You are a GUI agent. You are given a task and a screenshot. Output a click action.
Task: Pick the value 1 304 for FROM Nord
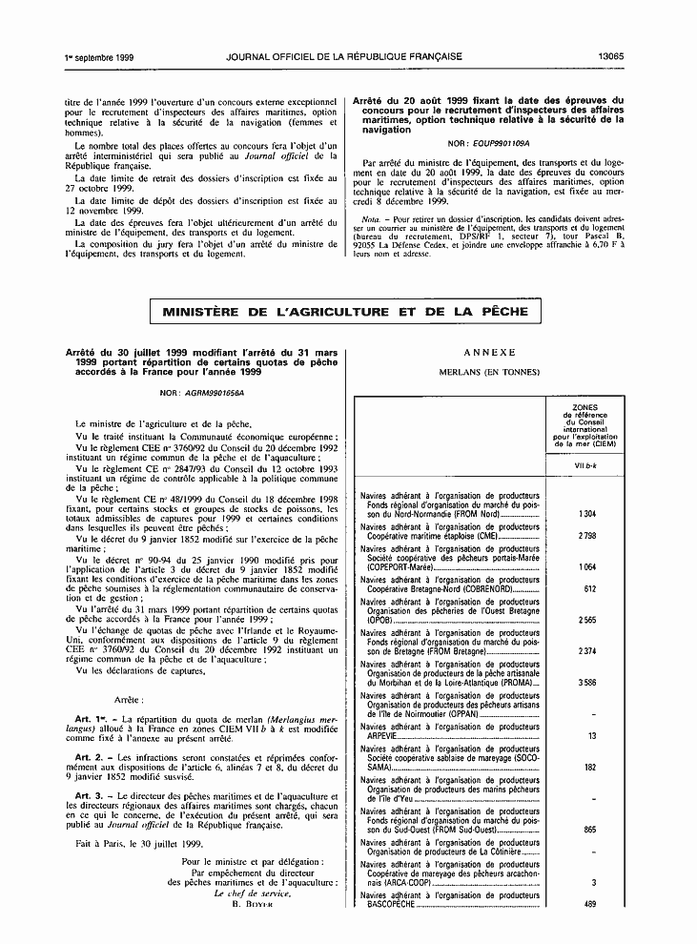click(587, 514)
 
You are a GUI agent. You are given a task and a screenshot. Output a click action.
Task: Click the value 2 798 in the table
click(587, 536)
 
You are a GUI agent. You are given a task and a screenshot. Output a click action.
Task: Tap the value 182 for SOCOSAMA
click(589, 767)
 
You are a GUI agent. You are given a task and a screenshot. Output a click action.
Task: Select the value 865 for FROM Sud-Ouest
click(589, 830)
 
